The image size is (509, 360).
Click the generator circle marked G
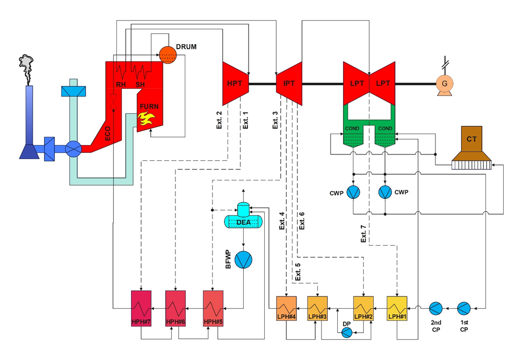[x=445, y=83]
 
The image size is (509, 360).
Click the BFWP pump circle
[x=243, y=259]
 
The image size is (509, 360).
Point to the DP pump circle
[x=347, y=332]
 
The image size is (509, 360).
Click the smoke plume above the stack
[x=26, y=64]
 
